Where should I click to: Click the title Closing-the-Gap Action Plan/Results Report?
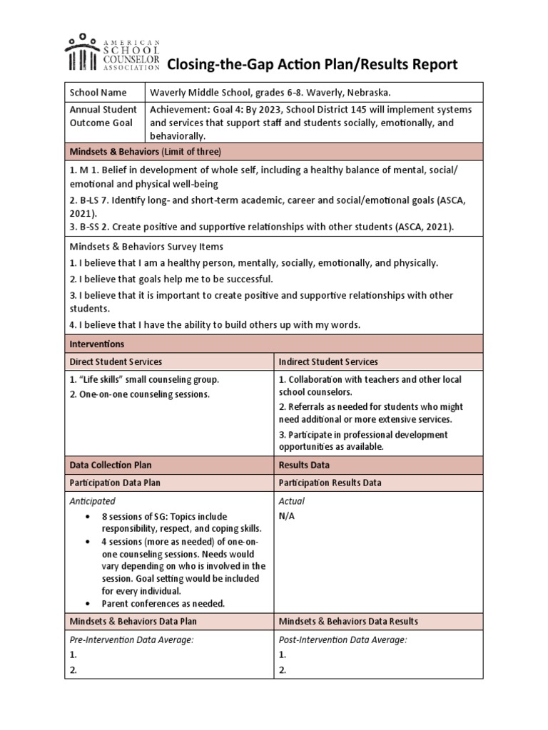[x=312, y=66]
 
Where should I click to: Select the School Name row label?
[x=98, y=93]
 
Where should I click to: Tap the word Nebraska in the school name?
[x=366, y=93]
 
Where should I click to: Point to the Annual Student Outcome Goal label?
[x=103, y=116]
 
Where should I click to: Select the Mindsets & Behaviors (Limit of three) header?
[x=145, y=151]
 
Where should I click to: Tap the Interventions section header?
[x=96, y=344]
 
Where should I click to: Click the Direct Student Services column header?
[x=115, y=362]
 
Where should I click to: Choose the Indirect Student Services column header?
[x=328, y=362]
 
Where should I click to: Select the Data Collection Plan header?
[x=110, y=465]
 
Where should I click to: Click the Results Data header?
[x=304, y=465]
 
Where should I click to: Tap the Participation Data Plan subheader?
[x=114, y=483]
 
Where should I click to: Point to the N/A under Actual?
[x=287, y=516]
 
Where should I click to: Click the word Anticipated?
[x=92, y=501]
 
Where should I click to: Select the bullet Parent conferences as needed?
[x=163, y=603]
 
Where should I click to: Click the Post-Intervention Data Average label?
[x=342, y=639]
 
